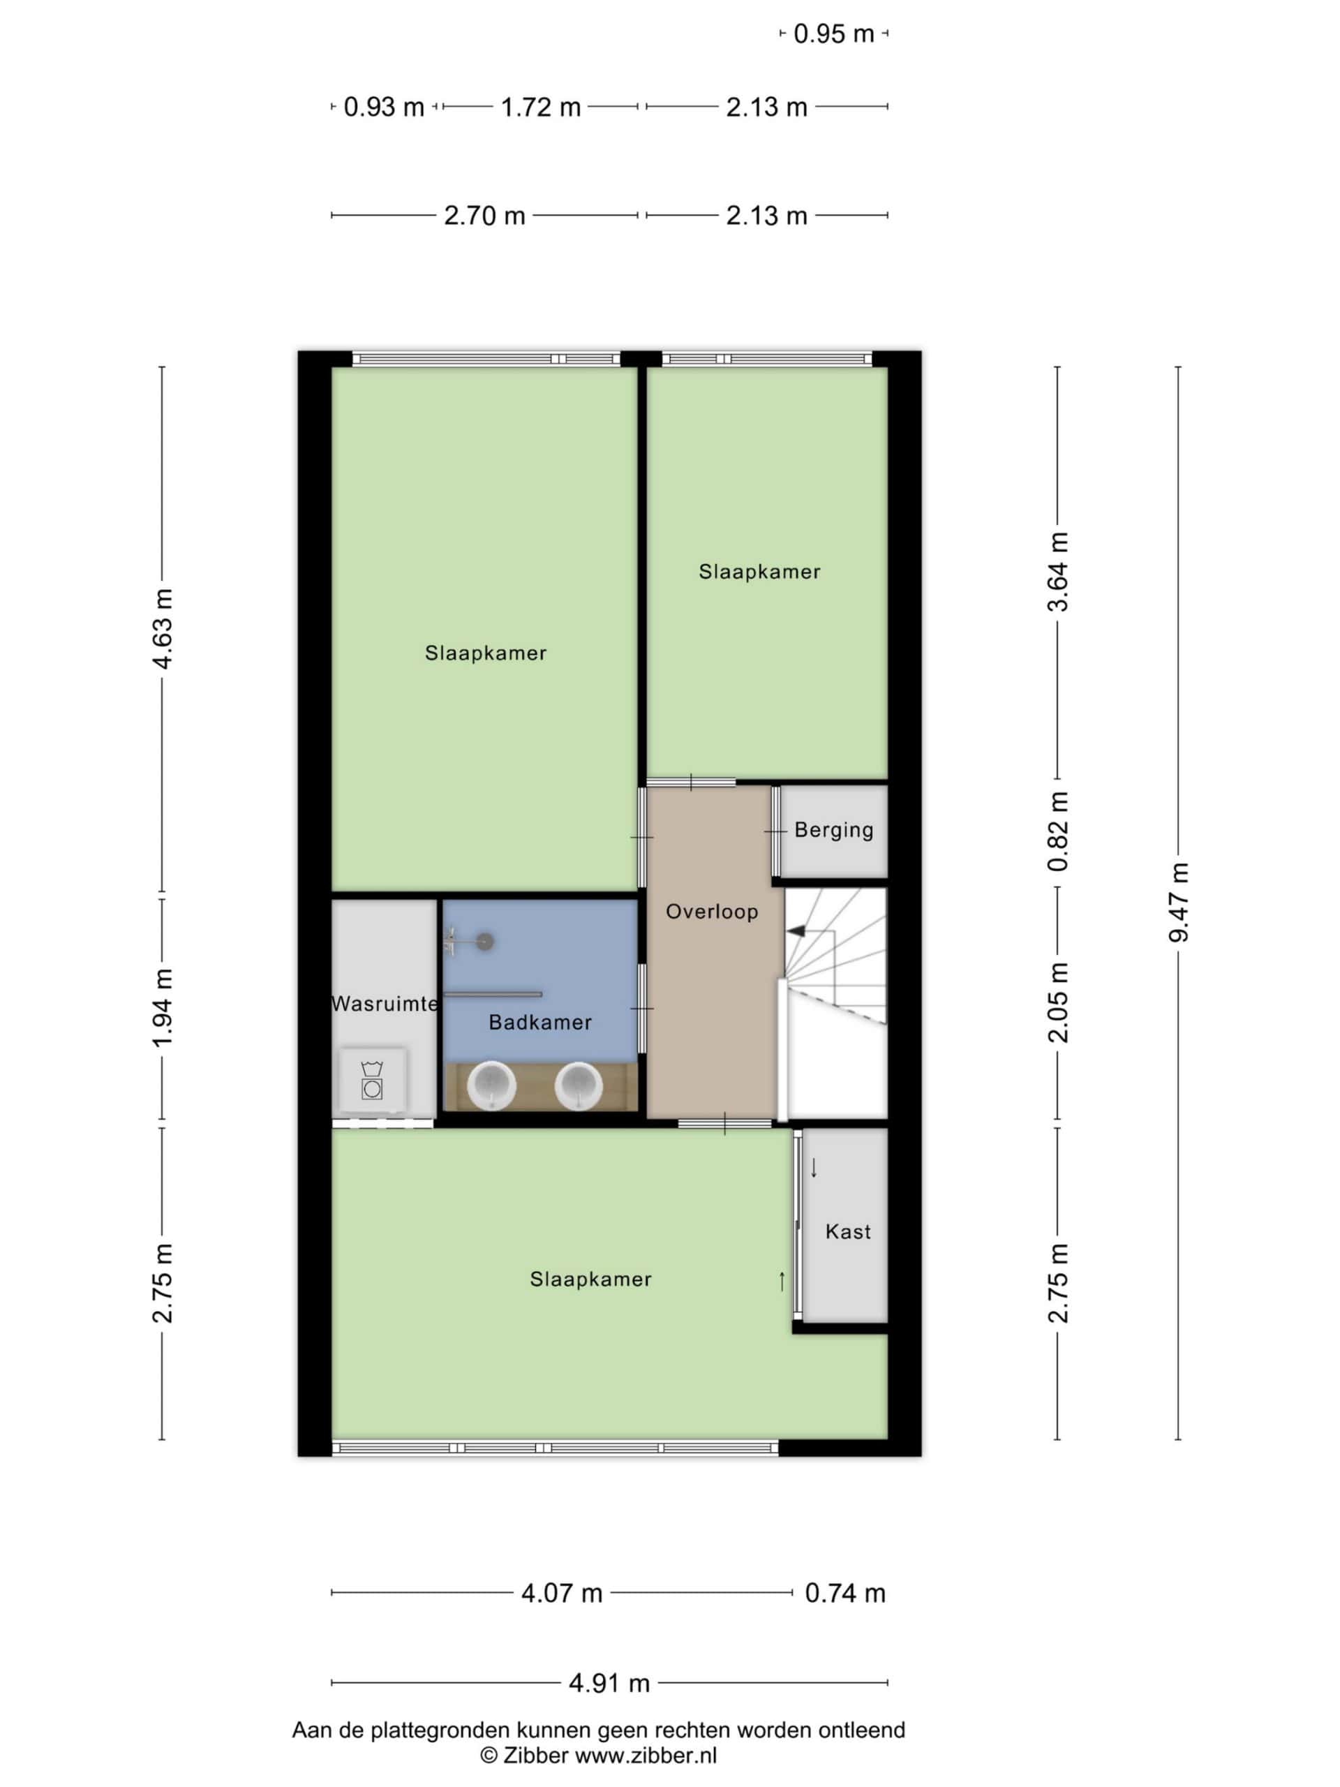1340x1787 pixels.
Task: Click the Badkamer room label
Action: tap(539, 1023)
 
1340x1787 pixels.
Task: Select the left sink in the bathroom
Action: tap(491, 1085)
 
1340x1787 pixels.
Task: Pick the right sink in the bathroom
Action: tap(579, 1085)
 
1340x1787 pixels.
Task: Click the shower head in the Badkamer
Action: tap(484, 941)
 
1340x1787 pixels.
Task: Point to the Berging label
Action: tap(833, 831)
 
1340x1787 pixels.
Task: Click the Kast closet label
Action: tap(848, 1232)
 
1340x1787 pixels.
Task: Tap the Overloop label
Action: tap(712, 912)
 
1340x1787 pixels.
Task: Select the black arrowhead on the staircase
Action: tap(796, 931)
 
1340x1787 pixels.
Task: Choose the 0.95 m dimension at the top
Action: tap(833, 34)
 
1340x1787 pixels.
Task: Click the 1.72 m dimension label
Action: tap(540, 107)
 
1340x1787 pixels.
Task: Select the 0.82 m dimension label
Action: tap(1058, 831)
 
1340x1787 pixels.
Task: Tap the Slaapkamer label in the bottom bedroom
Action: tap(590, 1280)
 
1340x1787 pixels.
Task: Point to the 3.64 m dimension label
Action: tap(1058, 572)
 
